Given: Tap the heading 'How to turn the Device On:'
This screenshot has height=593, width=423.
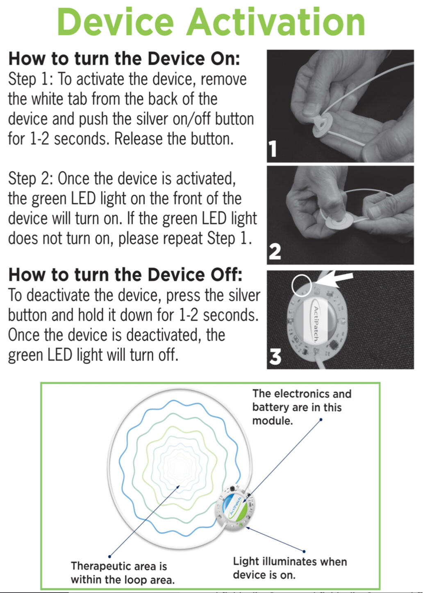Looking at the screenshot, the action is coord(124,59).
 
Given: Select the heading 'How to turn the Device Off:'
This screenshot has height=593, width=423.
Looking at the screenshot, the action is coord(125,275).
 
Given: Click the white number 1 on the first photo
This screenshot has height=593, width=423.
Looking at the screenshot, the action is coord(273,149).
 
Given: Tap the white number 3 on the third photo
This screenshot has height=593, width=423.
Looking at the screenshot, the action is coord(275,357).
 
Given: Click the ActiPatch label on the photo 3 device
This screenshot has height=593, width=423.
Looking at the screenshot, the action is coord(316,324).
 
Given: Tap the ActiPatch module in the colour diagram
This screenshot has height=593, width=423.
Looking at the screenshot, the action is coord(235,508).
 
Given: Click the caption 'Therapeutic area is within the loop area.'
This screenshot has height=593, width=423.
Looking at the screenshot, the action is coord(123,572).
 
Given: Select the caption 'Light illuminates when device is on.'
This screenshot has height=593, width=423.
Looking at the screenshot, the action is coord(290,568).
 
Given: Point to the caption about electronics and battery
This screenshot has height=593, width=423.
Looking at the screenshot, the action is coord(302,407).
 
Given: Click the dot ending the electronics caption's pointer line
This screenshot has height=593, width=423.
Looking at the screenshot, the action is coord(321,419).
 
